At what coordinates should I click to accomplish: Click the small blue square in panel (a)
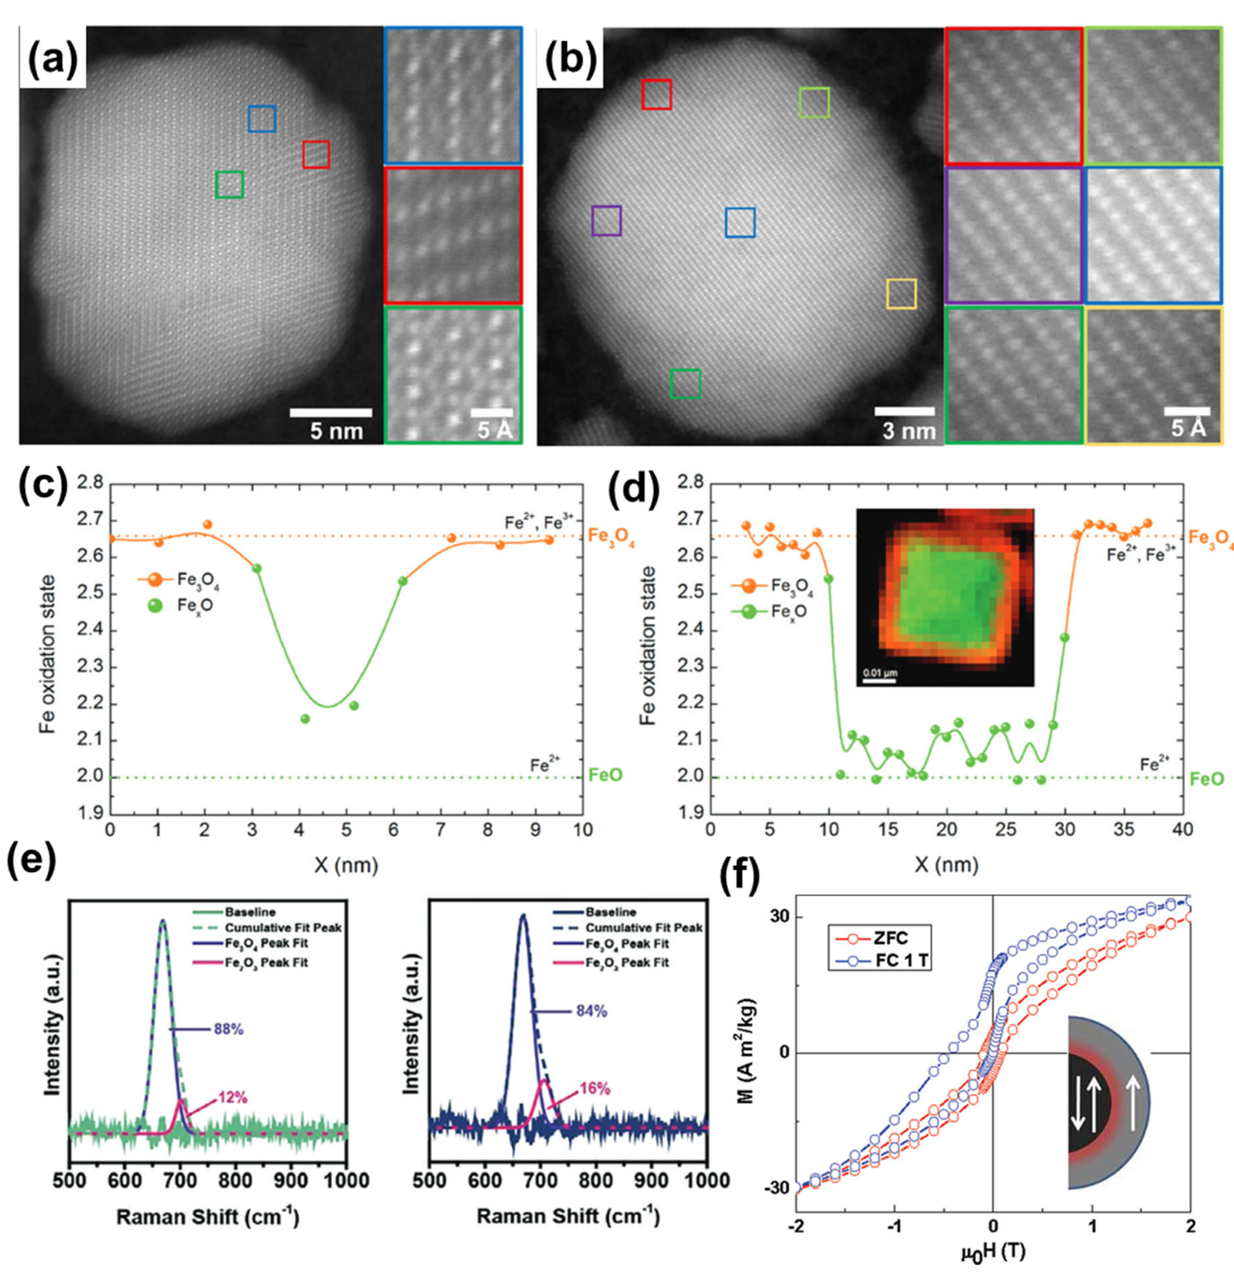[262, 119]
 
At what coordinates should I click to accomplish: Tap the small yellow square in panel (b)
[901, 294]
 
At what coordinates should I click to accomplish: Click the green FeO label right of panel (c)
[605, 775]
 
